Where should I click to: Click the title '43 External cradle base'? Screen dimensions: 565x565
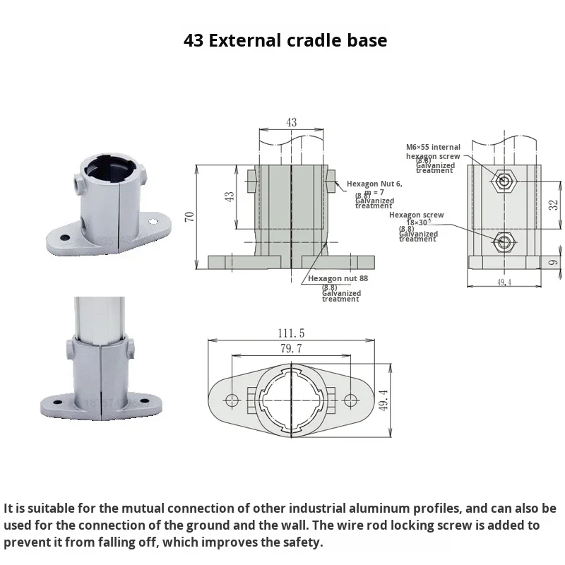(x=285, y=40)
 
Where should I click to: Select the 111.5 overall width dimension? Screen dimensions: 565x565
(x=291, y=333)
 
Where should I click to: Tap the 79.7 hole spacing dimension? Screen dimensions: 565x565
(x=291, y=348)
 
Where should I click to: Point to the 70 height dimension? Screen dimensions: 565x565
(x=189, y=216)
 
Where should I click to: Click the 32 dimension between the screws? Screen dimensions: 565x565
(x=554, y=206)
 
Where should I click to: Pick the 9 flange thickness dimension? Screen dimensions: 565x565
(x=554, y=262)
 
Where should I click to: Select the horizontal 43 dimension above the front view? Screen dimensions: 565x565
(x=291, y=122)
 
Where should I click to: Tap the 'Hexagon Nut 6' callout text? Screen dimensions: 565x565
(x=374, y=184)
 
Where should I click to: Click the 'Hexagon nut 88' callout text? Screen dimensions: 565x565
(x=338, y=278)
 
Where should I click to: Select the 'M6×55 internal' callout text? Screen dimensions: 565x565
(x=433, y=147)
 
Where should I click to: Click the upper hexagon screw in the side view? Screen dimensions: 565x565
(x=504, y=180)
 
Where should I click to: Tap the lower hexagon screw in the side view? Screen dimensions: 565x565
(x=504, y=242)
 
